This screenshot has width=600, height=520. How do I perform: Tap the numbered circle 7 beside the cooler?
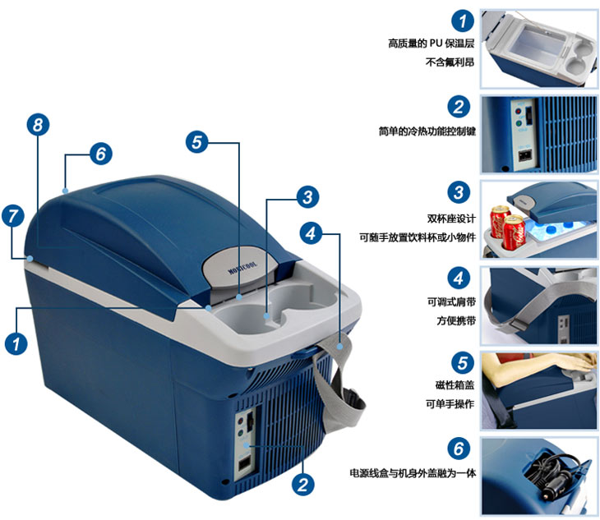click(12, 217)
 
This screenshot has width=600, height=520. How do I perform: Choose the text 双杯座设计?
click(450, 219)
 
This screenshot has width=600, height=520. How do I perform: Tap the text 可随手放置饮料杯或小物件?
click(417, 237)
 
